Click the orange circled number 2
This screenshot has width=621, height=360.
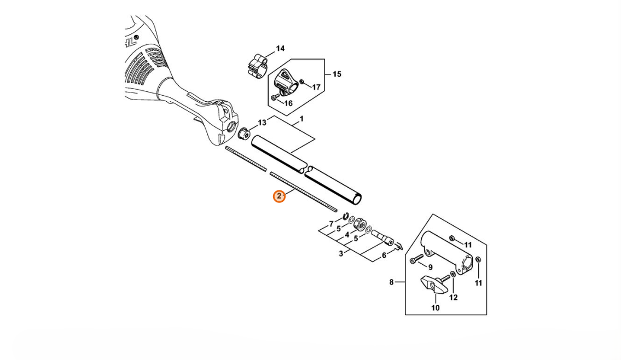pyautogui.click(x=279, y=196)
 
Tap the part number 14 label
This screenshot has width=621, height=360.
pyautogui.click(x=280, y=49)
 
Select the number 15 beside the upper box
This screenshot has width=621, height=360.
pyautogui.click(x=336, y=74)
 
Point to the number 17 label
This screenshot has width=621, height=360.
pyautogui.click(x=316, y=87)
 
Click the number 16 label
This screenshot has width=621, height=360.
pyautogui.click(x=288, y=103)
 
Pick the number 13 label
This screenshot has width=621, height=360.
pyautogui.click(x=262, y=123)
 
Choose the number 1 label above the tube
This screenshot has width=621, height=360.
pyautogui.click(x=302, y=119)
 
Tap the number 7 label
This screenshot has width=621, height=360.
pyautogui.click(x=332, y=224)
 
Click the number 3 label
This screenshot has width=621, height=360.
pyautogui.click(x=341, y=253)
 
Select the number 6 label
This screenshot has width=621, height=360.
pyautogui.click(x=384, y=256)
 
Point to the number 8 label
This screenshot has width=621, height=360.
pyautogui.click(x=391, y=282)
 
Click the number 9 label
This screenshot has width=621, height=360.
pyautogui.click(x=430, y=268)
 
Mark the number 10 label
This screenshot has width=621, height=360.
pyautogui.click(x=436, y=307)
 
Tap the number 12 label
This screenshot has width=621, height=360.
pyautogui.click(x=454, y=298)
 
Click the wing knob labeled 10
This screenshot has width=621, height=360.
pyautogui.click(x=432, y=283)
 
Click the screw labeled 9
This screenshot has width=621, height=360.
pyautogui.click(x=416, y=259)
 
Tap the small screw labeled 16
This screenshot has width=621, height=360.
pyautogui.click(x=275, y=97)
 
